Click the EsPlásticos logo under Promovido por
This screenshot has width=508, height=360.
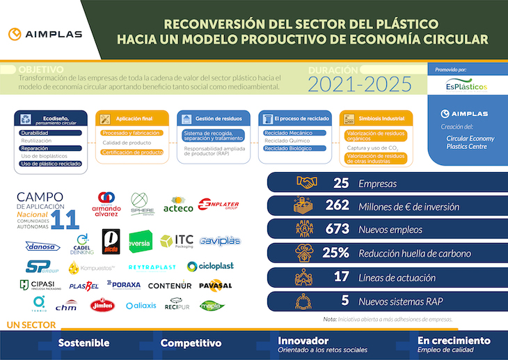click(466, 85)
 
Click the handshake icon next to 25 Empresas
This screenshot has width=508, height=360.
click(306, 182)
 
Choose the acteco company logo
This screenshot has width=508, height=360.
click(178, 208)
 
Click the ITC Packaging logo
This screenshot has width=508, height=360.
click(177, 241)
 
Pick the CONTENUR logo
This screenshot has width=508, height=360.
click(170, 285)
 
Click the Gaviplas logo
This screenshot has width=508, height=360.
click(219, 241)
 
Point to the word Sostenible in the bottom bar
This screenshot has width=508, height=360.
click(84, 343)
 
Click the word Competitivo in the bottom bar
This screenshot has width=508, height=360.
click(191, 343)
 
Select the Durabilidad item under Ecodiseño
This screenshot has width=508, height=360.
click(35, 132)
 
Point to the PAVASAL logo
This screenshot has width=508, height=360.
click(215, 285)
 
